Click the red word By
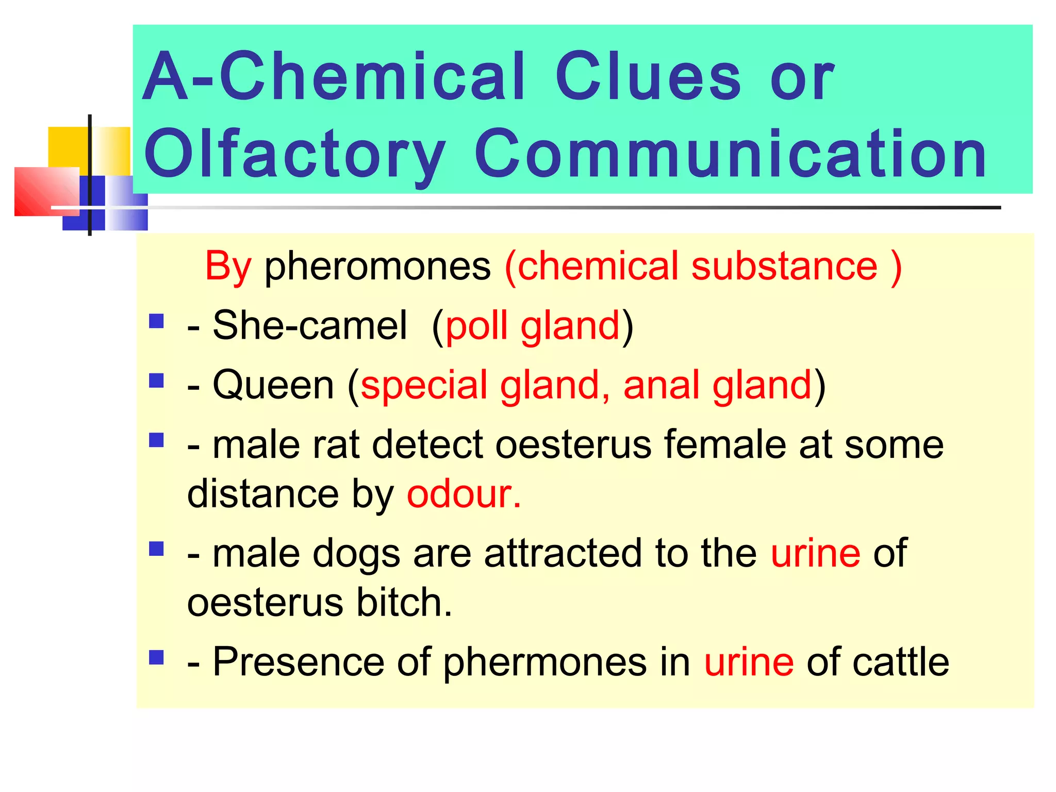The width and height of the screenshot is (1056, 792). coord(228,267)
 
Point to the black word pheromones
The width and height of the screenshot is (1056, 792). coord(377,267)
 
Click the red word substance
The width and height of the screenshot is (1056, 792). coord(784,267)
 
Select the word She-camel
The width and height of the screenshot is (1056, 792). coord(310,326)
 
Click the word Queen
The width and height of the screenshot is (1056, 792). coord(273,385)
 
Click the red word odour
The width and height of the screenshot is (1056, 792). coord(464,494)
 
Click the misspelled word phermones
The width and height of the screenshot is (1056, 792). coord(544,662)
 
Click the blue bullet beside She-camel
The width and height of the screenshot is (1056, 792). coord(156,322)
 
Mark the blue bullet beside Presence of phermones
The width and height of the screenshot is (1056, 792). coord(156,657)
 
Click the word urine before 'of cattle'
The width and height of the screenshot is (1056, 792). coord(749,662)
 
